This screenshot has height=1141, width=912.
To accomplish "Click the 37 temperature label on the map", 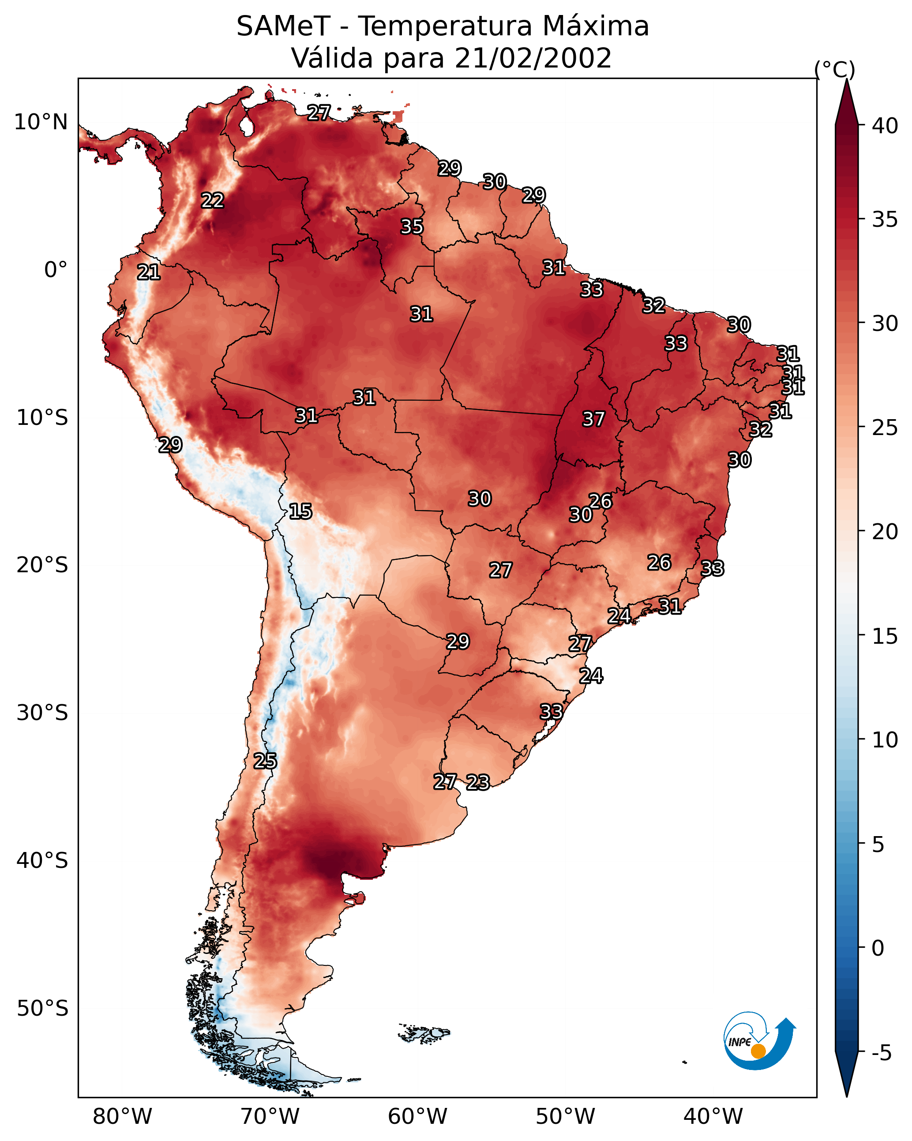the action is tap(593, 419).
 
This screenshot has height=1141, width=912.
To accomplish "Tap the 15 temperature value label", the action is tap(300, 511).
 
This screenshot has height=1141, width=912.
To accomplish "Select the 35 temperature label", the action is tap(412, 226).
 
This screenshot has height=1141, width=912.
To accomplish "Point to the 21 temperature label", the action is tap(149, 272).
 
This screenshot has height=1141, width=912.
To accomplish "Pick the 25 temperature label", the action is tap(265, 761).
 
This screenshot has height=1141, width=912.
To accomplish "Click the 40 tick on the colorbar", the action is tap(885, 126).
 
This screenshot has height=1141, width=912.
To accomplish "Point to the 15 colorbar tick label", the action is tap(885, 636).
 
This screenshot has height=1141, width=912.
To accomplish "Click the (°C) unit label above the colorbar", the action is tap(835, 70).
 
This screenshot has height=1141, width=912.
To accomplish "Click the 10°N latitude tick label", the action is tap(41, 122).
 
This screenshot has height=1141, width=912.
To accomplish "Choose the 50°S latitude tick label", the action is tap(42, 1009).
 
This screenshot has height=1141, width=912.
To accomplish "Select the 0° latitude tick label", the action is tap(56, 270).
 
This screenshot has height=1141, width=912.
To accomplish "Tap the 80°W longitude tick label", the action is tap(122, 1117).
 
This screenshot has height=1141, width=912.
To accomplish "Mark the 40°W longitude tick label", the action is tap(713, 1117).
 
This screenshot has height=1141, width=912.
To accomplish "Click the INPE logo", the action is tap(760, 1040).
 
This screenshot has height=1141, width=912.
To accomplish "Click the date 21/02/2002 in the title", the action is tap(533, 58).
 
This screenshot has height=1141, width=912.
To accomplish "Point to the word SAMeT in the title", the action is tap(284, 26).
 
